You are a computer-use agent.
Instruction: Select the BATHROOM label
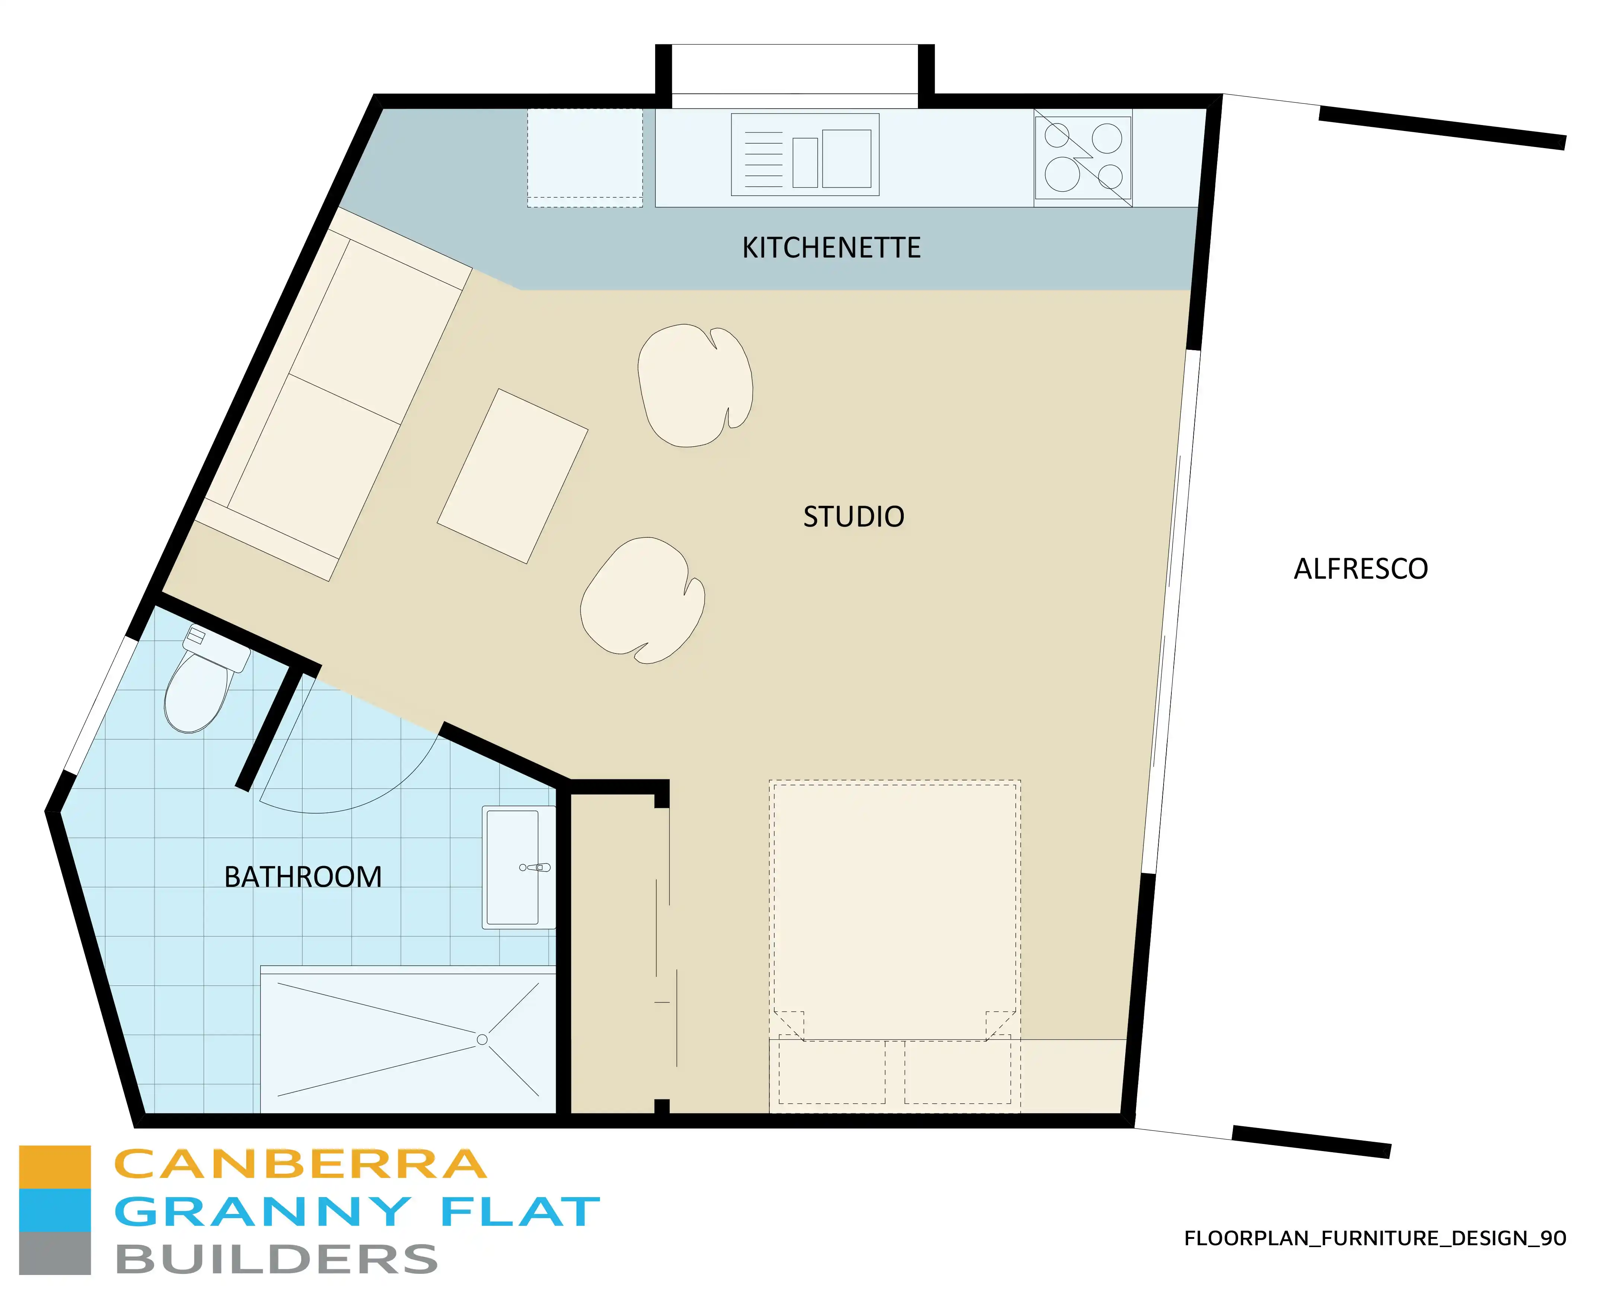tap(303, 877)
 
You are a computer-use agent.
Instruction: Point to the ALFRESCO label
tap(1360, 569)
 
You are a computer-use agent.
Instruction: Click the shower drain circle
tap(482, 1039)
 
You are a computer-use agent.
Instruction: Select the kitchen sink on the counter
tap(805, 155)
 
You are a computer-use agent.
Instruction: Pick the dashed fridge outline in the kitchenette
tap(584, 158)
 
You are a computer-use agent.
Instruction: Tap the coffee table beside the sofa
tap(513, 476)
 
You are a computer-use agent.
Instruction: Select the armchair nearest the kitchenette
tap(695, 385)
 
